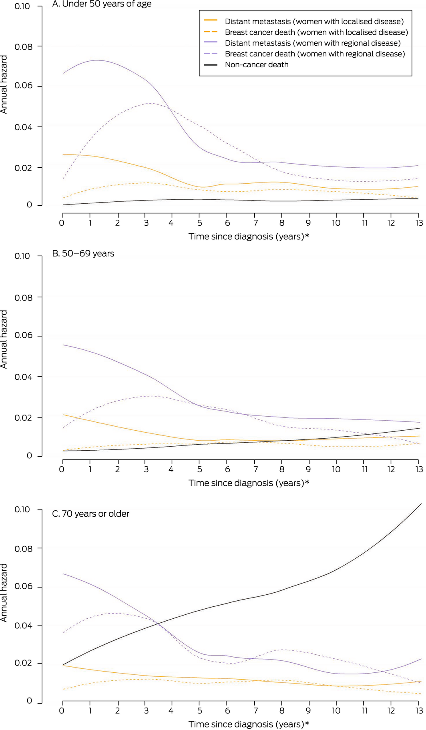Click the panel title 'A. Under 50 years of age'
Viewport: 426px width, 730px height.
point(102,4)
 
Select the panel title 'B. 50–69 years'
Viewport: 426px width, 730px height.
point(83,254)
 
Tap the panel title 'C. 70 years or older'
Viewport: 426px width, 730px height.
point(90,514)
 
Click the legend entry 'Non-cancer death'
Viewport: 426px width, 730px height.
point(257,65)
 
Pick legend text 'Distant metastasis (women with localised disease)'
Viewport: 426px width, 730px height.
point(314,22)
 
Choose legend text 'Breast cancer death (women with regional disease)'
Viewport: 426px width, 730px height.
point(315,54)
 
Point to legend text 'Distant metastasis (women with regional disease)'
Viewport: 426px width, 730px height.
point(313,43)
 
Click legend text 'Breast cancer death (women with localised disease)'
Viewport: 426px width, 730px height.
point(316,32)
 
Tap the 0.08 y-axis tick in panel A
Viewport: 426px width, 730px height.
point(23,47)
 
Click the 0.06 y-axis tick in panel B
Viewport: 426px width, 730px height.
point(23,336)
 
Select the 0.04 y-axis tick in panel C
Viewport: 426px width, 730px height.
point(23,626)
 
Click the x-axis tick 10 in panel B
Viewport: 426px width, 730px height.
point(336,469)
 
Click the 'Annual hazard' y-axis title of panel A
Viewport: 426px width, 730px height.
point(4,85)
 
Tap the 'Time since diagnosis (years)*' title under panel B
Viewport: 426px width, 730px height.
point(249,483)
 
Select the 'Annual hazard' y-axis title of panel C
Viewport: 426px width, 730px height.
point(4,593)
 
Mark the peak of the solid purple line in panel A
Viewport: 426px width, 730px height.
point(96,60)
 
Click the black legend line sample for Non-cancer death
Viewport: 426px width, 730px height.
point(211,65)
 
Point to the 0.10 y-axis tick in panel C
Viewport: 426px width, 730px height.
point(23,509)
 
